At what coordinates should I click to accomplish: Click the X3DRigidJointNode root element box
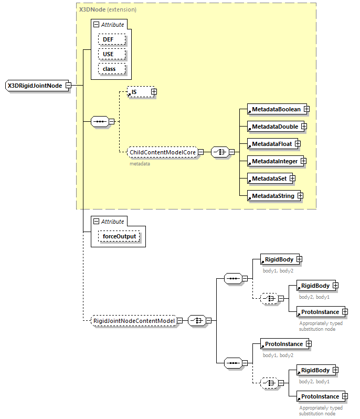pyautogui.click(x=34, y=86)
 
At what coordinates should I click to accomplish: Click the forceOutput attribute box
pyautogui.click(x=119, y=236)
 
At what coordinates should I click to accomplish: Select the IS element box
pyautogui.click(x=138, y=92)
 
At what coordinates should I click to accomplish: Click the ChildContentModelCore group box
pyautogui.click(x=162, y=152)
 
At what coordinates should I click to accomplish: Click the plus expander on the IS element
pyautogui.click(x=154, y=92)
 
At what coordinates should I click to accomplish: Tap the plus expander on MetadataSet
pyautogui.click(x=292, y=179)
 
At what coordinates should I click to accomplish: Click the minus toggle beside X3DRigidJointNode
pyautogui.click(x=68, y=86)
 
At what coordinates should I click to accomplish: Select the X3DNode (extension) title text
pyautogui.click(x=108, y=9)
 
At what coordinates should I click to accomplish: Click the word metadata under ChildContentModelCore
pyautogui.click(x=140, y=164)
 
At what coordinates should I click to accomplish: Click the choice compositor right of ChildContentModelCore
pyautogui.click(x=219, y=152)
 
